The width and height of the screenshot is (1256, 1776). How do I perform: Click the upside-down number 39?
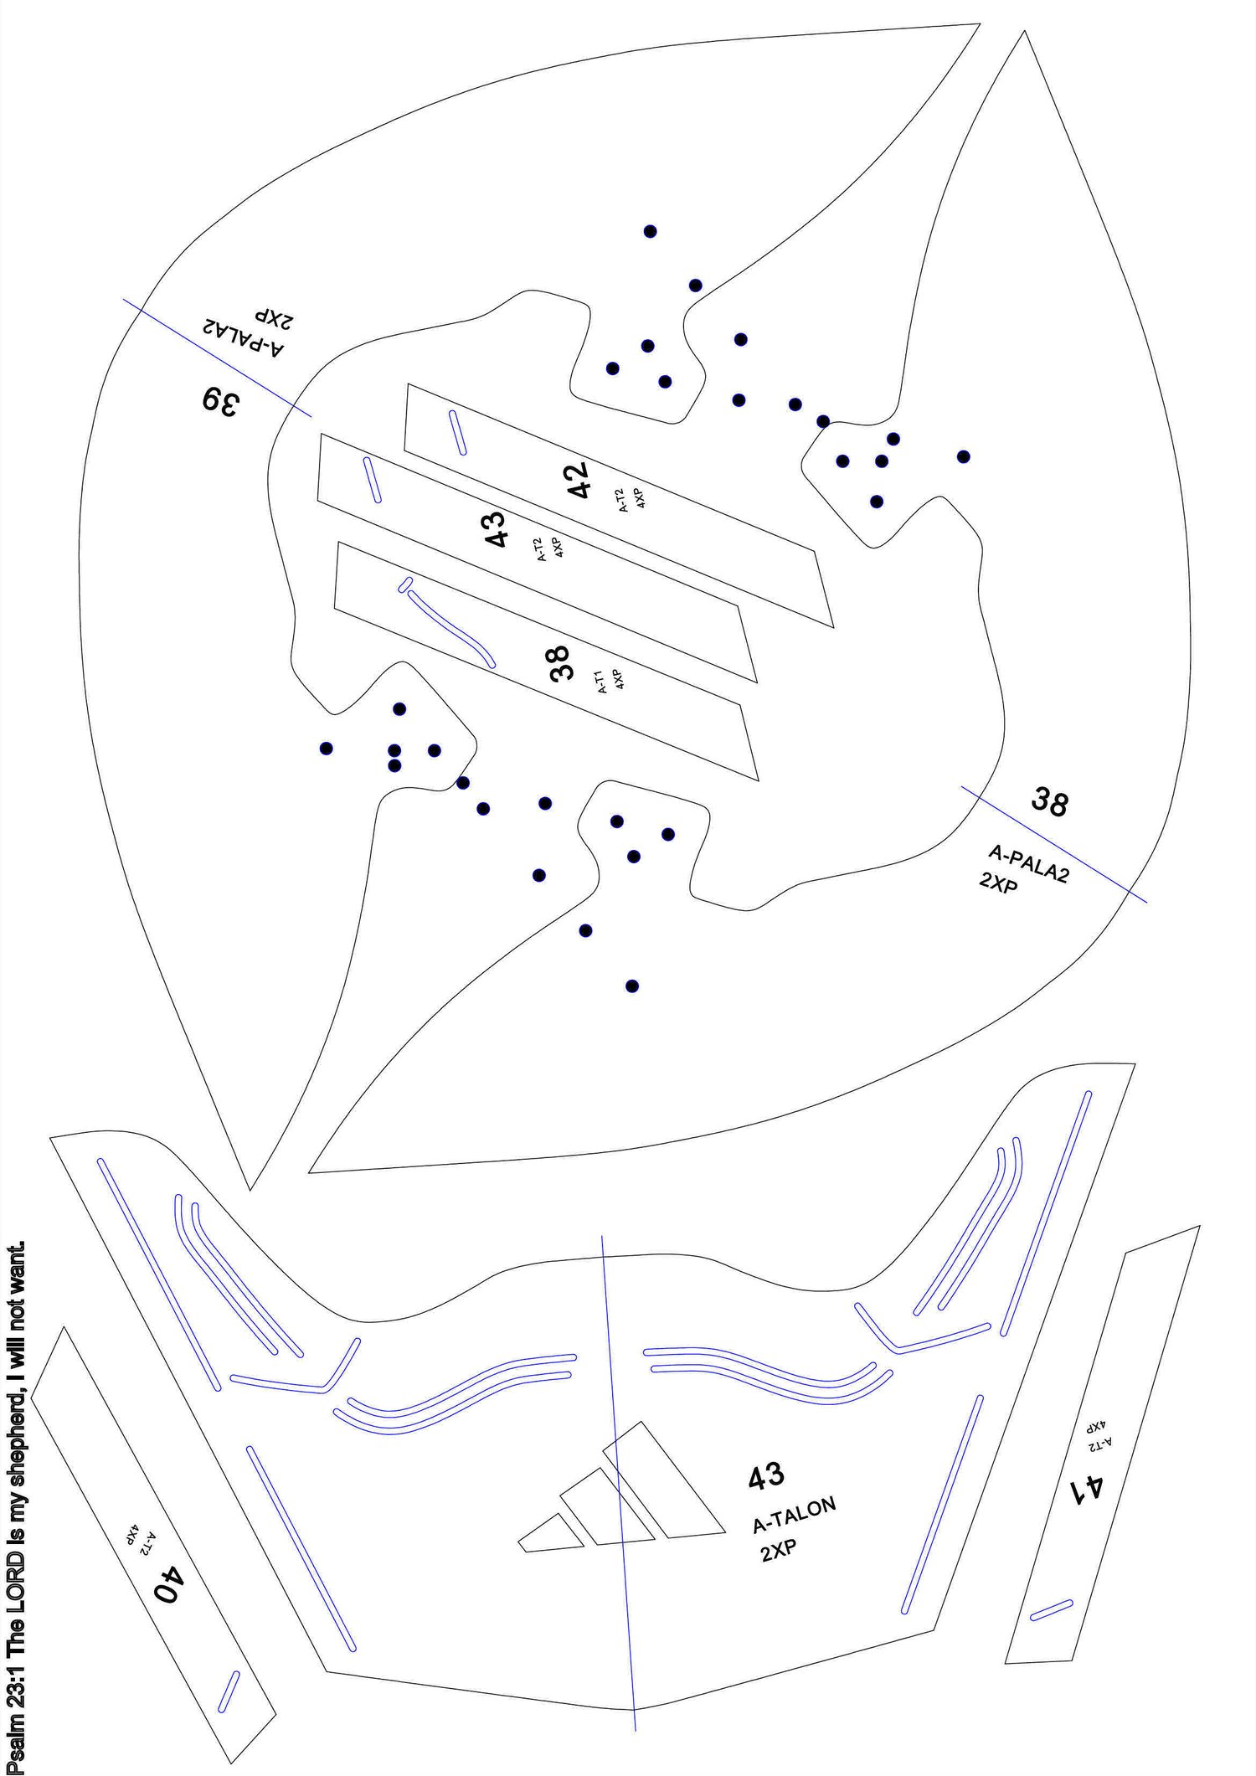point(220,401)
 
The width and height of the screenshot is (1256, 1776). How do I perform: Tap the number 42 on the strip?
point(579,480)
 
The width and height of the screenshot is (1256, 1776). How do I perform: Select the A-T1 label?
point(600,682)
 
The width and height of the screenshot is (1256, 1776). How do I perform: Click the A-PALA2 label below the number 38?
point(1028,864)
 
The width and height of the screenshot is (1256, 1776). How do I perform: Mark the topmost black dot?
point(650,231)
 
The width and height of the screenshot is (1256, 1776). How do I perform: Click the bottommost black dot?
point(632,986)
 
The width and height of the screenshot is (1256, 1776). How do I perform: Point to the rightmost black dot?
point(964,456)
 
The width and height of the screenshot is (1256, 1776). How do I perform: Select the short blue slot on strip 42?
point(457,432)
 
